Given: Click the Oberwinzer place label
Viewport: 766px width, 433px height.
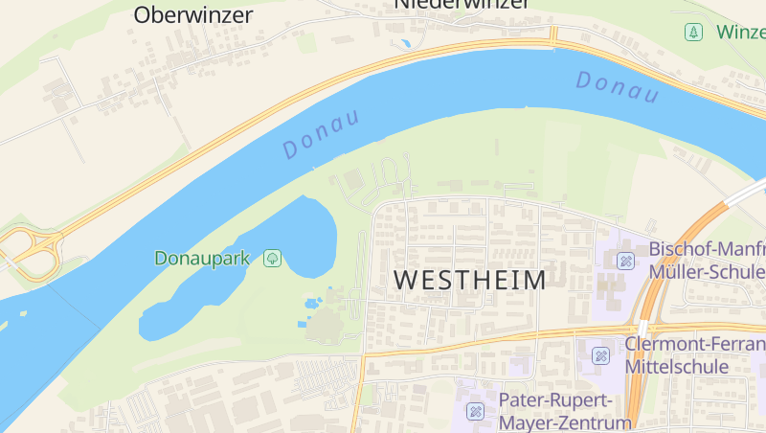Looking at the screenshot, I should pos(193,15).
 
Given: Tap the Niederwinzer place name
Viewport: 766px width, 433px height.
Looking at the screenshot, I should pos(462,5).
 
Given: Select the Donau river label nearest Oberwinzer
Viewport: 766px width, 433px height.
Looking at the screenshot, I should pos(321,134).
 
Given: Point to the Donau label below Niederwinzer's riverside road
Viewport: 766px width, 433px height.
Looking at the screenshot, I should pos(618,87).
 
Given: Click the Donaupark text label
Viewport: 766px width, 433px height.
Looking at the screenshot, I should pos(202,258).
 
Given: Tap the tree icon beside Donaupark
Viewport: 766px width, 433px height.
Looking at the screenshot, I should pos(273,258).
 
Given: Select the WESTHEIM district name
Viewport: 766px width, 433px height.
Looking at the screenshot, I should pos(469,281).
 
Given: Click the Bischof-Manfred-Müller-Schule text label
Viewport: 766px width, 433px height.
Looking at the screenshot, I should pos(707,260).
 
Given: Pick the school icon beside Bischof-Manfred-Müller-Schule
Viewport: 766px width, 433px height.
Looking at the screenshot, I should pos(626,260).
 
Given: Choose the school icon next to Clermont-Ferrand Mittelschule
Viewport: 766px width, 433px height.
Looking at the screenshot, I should pos(601,355).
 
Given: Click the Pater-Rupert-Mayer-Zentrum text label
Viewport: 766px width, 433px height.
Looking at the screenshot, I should pos(565,410).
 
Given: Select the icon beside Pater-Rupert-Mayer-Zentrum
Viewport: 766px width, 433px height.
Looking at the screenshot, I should pos(475,411).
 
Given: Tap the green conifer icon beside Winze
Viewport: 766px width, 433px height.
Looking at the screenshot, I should pos(692,33).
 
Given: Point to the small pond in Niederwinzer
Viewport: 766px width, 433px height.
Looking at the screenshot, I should pos(406,43).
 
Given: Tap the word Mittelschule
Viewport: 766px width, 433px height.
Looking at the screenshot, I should pos(676,366).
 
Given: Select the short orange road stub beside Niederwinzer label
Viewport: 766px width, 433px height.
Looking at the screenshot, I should pos(552,34).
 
